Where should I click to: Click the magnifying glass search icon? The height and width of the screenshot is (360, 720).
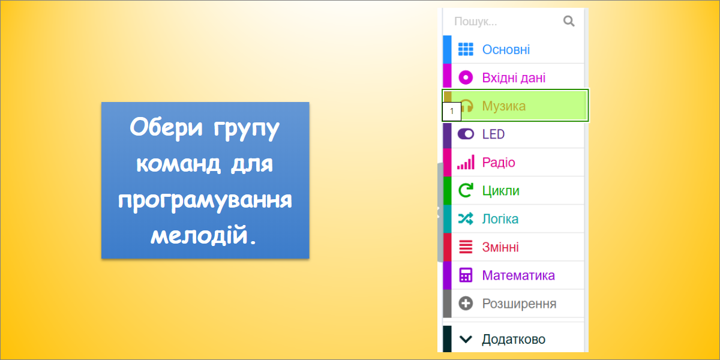[x=569, y=21]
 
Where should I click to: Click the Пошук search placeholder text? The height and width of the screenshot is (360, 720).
[x=475, y=22]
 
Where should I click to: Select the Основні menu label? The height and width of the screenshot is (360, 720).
[x=506, y=49]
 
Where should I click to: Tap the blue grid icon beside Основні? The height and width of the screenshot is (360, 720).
[x=466, y=49]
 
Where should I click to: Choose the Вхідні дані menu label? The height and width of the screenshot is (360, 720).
[x=514, y=78]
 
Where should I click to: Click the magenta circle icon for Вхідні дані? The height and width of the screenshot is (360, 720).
[x=466, y=78]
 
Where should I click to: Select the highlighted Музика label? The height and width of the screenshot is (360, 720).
[x=503, y=106]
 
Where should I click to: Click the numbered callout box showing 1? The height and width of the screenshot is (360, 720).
[x=452, y=112]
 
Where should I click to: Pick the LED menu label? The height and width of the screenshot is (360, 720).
[x=493, y=134]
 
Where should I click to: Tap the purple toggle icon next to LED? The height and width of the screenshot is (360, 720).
[x=466, y=134]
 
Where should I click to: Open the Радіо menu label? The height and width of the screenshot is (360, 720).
[x=499, y=163]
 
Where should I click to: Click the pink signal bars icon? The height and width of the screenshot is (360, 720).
[x=466, y=162]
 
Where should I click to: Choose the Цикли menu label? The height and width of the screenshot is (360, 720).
[x=500, y=191]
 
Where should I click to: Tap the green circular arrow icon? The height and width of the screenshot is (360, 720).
[x=466, y=190]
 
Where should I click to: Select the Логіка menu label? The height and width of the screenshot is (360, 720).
[x=500, y=219]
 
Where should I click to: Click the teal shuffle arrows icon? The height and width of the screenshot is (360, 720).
[x=466, y=218]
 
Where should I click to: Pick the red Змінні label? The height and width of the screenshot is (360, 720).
[x=500, y=247]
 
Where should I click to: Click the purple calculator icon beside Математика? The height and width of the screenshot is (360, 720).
[x=466, y=275]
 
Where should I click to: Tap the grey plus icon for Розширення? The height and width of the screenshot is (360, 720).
[x=466, y=304]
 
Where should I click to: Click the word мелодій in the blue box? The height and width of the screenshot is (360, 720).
[x=203, y=235]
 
